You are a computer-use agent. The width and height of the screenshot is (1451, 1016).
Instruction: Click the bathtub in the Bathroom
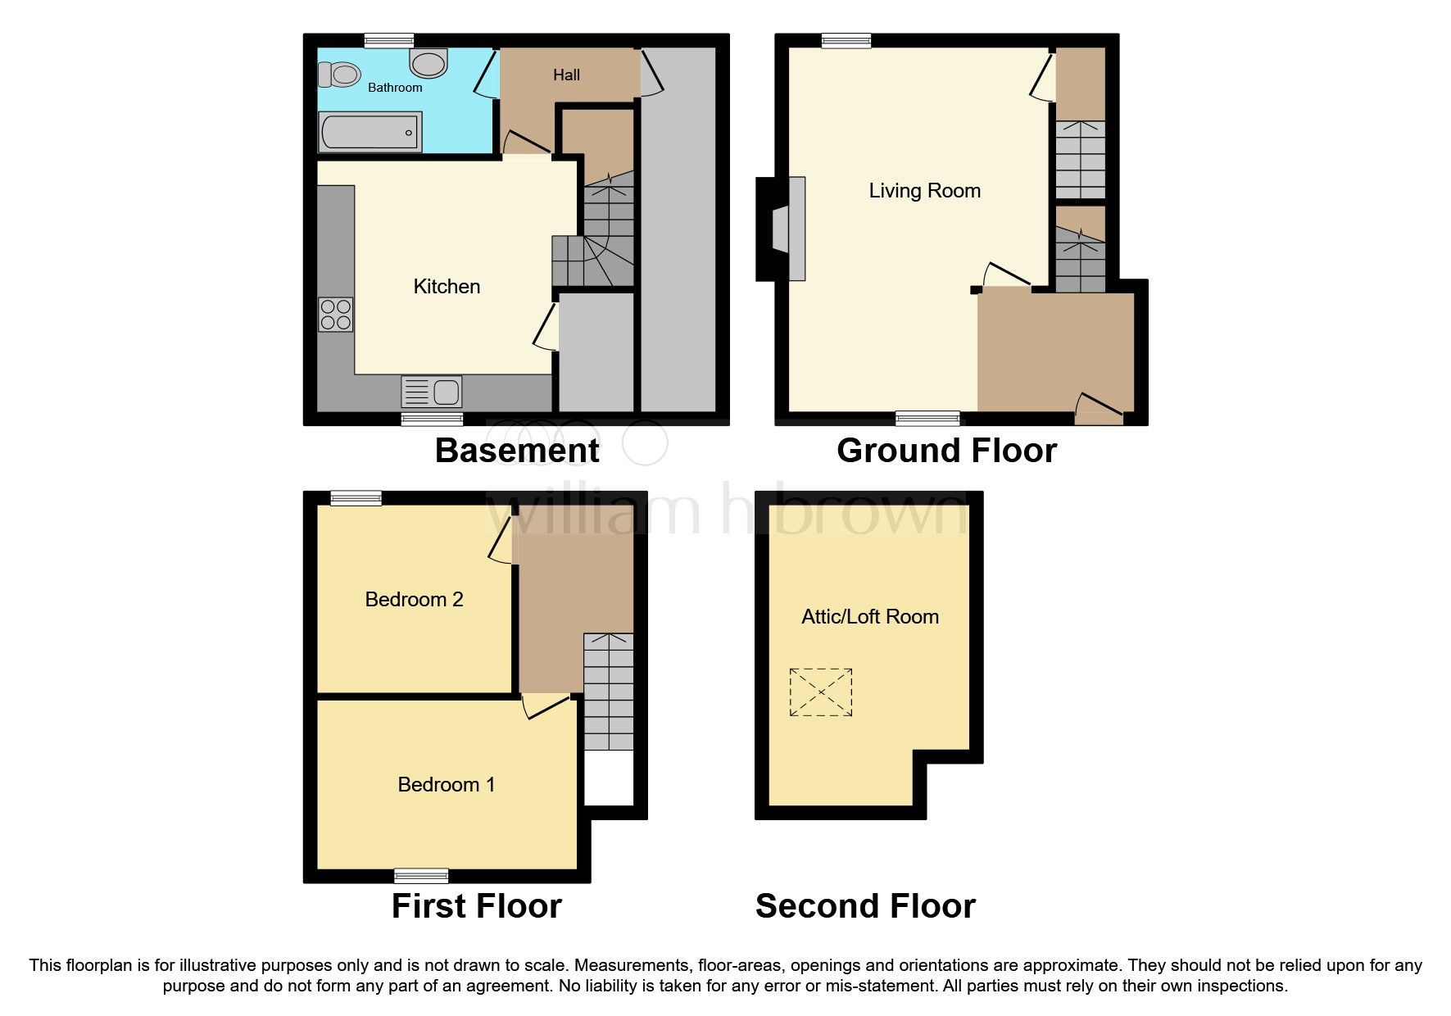pos(370,132)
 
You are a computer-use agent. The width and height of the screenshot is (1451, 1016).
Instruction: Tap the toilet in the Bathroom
pos(340,75)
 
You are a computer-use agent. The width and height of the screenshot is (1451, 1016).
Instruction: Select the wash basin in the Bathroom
pos(428,62)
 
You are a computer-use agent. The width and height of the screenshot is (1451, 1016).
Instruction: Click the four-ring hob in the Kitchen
pos(336,315)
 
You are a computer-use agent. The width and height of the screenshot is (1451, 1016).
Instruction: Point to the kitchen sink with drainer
pos(432,392)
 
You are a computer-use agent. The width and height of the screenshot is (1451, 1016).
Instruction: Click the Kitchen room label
pos(447,287)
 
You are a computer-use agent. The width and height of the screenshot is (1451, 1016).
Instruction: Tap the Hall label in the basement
pos(566,75)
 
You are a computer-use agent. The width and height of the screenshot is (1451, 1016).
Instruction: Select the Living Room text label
pos(924,191)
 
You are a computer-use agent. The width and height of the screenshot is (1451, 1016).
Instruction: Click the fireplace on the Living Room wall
pos(782,229)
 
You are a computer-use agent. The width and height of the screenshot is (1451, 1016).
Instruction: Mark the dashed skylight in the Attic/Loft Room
pos(821,692)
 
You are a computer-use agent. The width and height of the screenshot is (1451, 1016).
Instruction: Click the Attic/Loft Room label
pos(869,617)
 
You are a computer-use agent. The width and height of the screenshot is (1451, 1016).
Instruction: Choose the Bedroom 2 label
pos(414,600)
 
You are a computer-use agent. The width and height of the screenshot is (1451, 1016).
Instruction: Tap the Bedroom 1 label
pos(446,785)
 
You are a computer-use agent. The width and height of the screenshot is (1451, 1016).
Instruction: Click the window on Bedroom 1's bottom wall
pos(421,876)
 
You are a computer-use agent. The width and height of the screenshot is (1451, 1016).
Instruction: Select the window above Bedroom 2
pos(356,498)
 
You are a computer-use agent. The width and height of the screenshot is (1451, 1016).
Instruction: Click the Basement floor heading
pos(517,451)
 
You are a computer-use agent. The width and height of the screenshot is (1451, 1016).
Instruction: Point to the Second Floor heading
pos(865,906)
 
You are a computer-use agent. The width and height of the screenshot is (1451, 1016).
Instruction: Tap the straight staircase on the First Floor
pos(609,692)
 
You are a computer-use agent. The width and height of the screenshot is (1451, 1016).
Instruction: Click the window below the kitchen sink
pos(432,419)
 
